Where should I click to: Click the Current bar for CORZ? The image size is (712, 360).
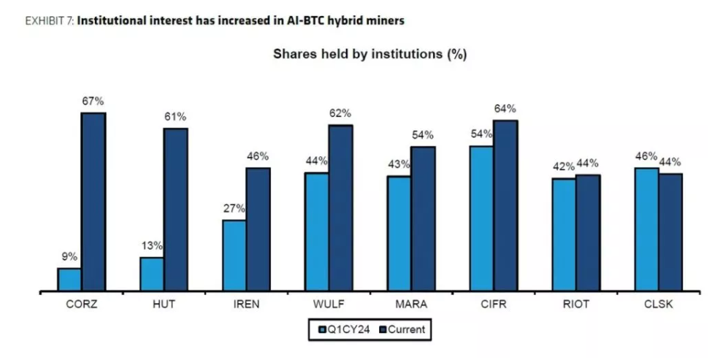93,202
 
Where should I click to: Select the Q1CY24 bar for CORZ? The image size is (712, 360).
69,280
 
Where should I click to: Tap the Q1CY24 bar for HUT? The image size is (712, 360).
152,275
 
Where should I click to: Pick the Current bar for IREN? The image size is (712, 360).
258,229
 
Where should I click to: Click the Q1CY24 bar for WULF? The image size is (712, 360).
316,232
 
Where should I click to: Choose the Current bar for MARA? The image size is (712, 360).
423,219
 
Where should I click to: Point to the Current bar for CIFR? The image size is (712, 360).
505,206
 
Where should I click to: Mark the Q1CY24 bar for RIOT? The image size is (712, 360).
564,234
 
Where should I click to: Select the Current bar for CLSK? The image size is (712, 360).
670,232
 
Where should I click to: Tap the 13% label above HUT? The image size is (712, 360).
152,245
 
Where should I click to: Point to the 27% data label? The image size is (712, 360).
234,208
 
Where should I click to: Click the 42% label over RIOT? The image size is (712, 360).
563,166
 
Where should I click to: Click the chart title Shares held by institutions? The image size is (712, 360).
370,54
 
